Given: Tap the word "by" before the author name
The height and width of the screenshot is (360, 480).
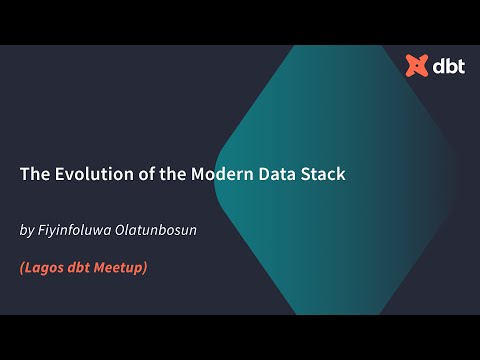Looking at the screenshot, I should (27, 231).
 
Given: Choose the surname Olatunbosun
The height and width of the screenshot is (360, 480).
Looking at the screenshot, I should (161, 230).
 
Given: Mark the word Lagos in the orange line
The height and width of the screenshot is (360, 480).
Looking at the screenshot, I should (46, 268).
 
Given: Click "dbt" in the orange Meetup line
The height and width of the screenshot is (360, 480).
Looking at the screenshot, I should (83, 268).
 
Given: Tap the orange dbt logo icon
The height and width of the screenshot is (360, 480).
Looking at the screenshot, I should (416, 67).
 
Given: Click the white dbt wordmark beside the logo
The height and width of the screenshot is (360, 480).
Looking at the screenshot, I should (447, 67).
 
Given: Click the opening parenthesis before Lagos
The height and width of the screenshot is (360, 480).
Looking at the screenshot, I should (23, 268).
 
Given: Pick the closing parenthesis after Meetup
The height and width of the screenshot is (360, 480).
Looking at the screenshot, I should (146, 268).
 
